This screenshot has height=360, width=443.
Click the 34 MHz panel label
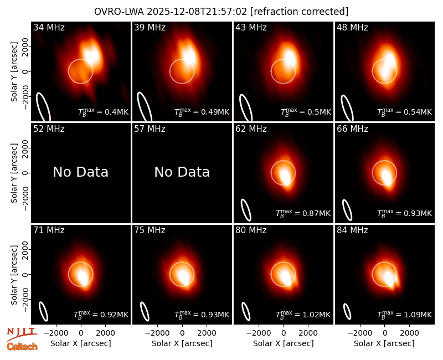click(x=49, y=27)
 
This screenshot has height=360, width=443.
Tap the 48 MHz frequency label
click(x=352, y=27)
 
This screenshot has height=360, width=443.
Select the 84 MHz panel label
click(x=352, y=230)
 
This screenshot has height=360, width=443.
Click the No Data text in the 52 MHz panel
click(x=80, y=172)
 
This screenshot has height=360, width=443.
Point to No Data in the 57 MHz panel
click(x=182, y=172)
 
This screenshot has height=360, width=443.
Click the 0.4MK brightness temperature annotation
click(x=104, y=112)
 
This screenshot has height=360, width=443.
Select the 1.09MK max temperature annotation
click(x=405, y=315)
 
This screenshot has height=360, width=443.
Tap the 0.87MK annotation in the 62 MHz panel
click(x=303, y=213)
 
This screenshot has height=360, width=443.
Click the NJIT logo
click(x=22, y=334)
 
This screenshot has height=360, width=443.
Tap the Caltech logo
click(x=22, y=347)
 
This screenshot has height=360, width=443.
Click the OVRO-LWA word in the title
click(x=119, y=12)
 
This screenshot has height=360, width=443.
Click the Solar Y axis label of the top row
click(x=14, y=72)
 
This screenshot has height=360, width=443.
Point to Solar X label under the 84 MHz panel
click(x=384, y=343)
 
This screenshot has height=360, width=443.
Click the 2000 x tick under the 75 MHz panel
click(x=207, y=333)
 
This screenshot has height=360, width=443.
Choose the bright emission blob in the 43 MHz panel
click(x=290, y=59)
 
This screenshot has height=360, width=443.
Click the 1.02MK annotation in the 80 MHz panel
click(x=303, y=315)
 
